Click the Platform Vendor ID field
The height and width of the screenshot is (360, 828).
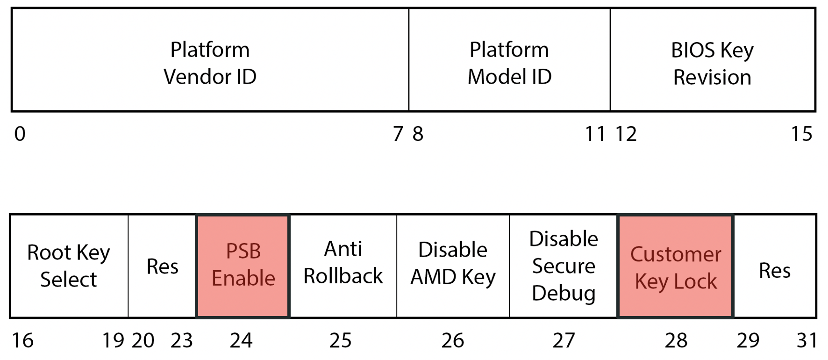point(210,63)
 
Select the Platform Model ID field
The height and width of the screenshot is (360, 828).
point(509,63)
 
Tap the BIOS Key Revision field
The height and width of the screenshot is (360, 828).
point(712,63)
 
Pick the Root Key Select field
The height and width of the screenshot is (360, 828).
point(69,266)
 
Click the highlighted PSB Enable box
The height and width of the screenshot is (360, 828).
point(243,266)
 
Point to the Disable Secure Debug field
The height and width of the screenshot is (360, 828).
point(564,266)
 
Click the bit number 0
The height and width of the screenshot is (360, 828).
point(20,134)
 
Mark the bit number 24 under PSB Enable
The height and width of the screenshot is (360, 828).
point(241,340)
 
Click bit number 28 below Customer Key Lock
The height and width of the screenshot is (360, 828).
point(676,340)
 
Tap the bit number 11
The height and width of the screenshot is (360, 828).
point(595,134)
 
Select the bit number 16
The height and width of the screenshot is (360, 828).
point(22,340)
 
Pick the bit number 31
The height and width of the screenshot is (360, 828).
point(807,340)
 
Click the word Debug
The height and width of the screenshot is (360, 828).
point(564,294)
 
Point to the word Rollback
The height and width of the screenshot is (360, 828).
point(343,276)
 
